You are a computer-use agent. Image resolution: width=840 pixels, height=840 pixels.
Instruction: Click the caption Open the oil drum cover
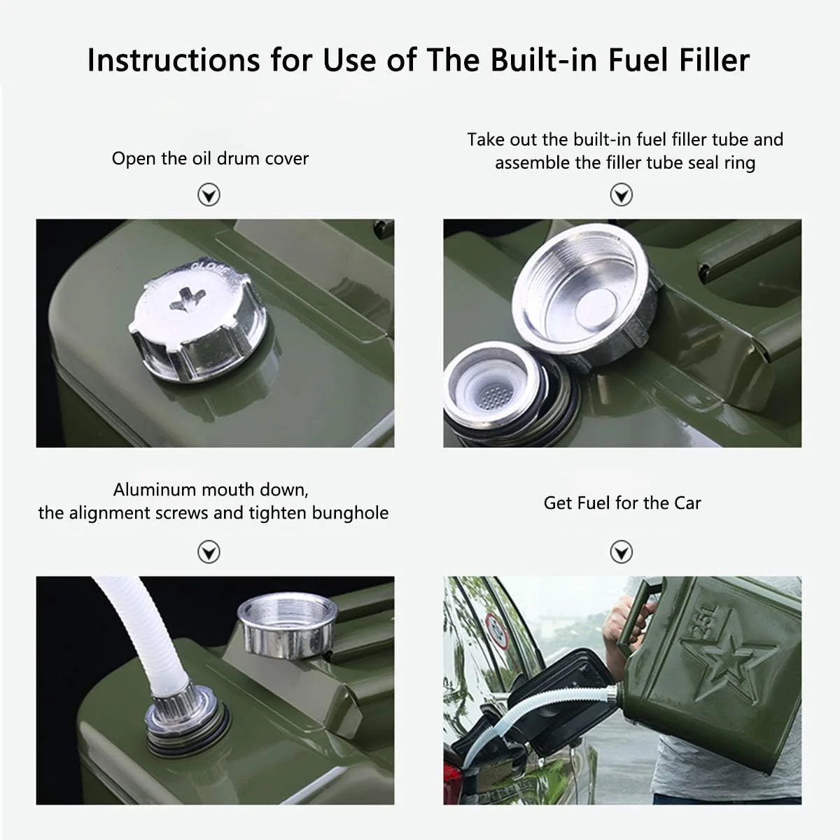click(x=210, y=158)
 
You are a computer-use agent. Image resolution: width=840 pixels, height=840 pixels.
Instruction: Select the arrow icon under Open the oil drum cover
click(x=209, y=195)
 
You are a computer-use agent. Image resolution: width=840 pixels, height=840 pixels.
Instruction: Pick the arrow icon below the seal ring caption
click(x=621, y=195)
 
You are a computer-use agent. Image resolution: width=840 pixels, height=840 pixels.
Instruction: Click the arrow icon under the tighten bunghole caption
click(x=209, y=552)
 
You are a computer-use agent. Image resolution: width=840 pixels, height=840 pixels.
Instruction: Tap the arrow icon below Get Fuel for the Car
click(x=621, y=552)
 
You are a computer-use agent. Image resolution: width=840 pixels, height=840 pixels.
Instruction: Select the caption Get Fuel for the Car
click(x=622, y=503)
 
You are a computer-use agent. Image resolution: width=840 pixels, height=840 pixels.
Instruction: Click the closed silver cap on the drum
click(x=197, y=319)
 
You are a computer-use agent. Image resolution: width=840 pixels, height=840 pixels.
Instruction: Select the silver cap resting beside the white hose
click(x=287, y=625)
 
